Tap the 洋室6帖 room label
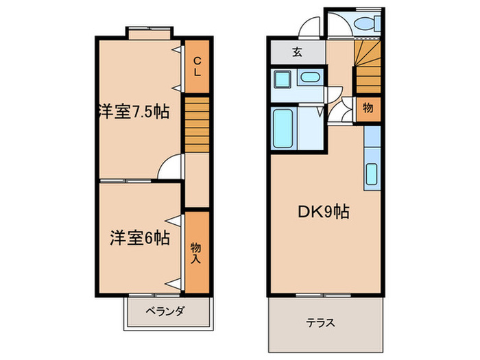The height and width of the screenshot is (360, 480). [138, 238]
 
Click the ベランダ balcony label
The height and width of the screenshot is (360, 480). [165, 311]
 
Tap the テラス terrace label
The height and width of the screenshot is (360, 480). [322, 322]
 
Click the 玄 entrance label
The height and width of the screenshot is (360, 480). [298, 51]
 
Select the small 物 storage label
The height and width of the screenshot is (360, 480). [368, 108]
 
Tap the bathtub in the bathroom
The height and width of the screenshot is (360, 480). [283, 127]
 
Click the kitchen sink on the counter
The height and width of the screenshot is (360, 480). [371, 176]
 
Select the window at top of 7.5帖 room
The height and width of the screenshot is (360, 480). [149, 31]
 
